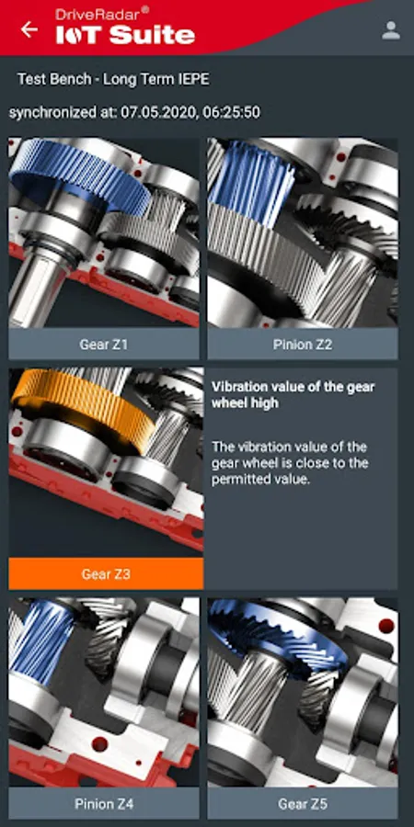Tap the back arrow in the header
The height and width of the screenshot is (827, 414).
pyautogui.click(x=29, y=29)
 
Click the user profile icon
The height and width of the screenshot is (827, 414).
pyautogui.click(x=391, y=30)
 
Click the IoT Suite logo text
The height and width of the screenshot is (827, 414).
pyautogui.click(x=126, y=35)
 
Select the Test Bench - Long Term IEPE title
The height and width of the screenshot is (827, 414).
pyautogui.click(x=113, y=79)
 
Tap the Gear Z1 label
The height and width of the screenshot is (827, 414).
pyautogui.click(x=103, y=345)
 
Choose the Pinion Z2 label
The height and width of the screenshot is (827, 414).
pyautogui.click(x=303, y=345)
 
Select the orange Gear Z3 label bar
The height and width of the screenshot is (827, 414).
pyautogui.click(x=106, y=573)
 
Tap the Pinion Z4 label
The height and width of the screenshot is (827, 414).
pyautogui.click(x=103, y=804)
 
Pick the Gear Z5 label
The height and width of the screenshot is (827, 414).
pyautogui.click(x=303, y=804)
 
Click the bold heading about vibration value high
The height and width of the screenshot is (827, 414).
pyautogui.click(x=293, y=394)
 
